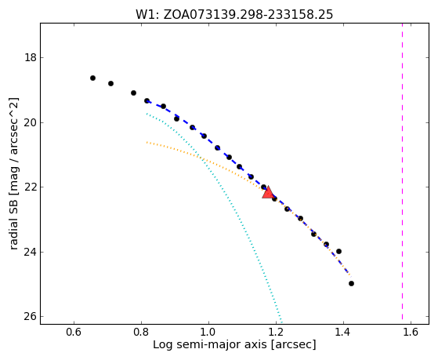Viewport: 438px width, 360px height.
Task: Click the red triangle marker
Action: coord(268,192)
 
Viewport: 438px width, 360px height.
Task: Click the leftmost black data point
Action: coord(92,78)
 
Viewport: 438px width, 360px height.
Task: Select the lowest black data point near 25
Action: coord(351,284)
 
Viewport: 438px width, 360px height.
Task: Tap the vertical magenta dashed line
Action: coord(402,172)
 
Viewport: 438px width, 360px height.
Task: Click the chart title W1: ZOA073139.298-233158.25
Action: coord(234,15)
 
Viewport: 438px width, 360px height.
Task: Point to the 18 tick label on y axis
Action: coord(31,57)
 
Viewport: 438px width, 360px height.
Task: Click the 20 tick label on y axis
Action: coord(31,122)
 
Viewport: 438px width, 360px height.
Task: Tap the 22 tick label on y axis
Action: coord(31,187)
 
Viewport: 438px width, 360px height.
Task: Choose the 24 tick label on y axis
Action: coord(31,252)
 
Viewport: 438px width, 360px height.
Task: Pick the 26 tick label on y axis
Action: coord(31,317)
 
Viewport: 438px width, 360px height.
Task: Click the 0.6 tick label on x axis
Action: coord(74,332)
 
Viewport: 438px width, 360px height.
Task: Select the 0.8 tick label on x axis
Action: coord(141,332)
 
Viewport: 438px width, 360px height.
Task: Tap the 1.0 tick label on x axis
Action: coord(208,332)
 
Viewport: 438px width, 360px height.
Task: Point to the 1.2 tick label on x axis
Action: coord(276,332)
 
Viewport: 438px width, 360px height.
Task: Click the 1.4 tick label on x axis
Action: coord(343,332)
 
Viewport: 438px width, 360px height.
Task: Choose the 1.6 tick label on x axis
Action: coord(411,332)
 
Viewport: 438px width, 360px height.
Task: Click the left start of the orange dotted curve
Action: coord(147,143)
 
